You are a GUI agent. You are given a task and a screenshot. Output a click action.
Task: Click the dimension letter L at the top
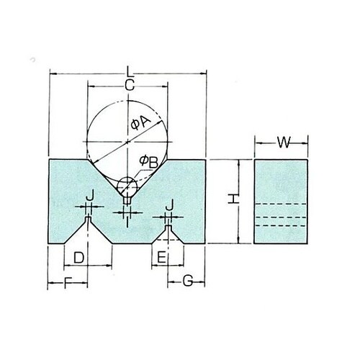click(x=128, y=72)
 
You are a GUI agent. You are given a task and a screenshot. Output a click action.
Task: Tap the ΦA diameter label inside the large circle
click(x=139, y=124)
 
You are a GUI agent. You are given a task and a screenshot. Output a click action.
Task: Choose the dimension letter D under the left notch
click(x=80, y=257)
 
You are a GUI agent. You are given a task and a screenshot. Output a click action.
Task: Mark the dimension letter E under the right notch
click(x=162, y=257)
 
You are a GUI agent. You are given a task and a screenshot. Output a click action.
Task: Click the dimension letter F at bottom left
click(x=69, y=281)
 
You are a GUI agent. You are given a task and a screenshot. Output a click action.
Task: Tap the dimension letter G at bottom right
click(x=186, y=281)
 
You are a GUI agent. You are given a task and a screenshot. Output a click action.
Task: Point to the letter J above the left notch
click(x=89, y=197)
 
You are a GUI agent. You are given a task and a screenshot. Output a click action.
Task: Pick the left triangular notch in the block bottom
click(x=89, y=234)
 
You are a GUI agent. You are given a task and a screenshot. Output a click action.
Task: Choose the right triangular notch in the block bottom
click(x=168, y=236)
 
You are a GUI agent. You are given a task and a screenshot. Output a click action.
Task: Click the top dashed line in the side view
click(x=282, y=206)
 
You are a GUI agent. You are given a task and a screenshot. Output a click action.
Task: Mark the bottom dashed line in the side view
click(x=282, y=226)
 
